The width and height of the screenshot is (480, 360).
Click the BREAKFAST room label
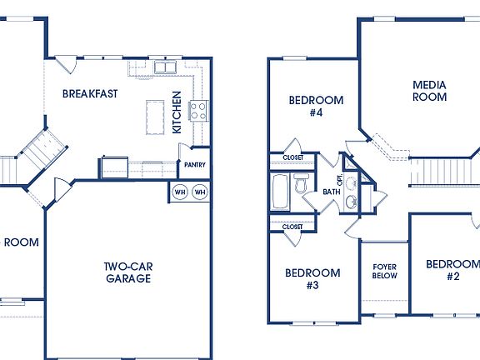click(91, 93)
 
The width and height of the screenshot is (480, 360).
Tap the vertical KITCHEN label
click(177, 112)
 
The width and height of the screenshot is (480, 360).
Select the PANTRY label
click(195, 165)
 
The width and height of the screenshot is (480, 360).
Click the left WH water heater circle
click(180, 192)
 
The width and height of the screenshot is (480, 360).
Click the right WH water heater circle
click(200, 192)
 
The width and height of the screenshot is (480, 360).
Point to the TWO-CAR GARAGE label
click(127, 272)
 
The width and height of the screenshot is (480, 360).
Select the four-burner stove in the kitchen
click(198, 111)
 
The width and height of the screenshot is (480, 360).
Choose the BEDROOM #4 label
click(316, 106)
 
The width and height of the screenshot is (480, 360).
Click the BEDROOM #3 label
click(312, 278)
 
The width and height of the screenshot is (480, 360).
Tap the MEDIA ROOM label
click(429, 91)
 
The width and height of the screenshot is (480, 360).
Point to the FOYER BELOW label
click(384, 271)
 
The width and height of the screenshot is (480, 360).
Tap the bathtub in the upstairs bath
click(279, 192)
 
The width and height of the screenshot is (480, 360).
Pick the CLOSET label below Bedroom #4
click(292, 157)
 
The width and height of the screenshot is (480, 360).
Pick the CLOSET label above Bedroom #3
click(292, 226)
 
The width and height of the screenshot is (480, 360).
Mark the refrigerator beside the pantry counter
click(114, 167)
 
